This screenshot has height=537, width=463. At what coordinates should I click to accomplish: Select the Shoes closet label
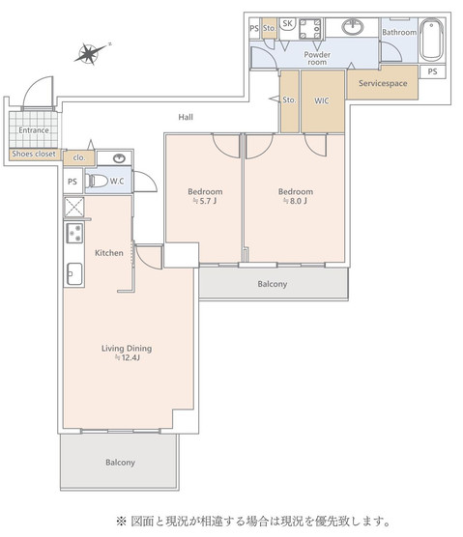click(x=32, y=154)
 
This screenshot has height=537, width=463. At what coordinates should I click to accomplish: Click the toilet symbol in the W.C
click(x=98, y=181)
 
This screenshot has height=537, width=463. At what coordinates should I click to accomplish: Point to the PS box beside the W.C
click(x=72, y=181)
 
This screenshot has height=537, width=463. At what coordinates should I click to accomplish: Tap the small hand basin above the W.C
click(x=117, y=158)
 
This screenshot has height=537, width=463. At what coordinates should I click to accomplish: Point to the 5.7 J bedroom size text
click(x=206, y=203)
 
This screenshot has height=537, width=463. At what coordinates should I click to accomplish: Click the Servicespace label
click(x=382, y=84)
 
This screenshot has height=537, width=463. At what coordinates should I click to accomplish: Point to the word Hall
click(x=186, y=117)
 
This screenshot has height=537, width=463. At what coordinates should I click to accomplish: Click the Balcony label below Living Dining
click(x=120, y=463)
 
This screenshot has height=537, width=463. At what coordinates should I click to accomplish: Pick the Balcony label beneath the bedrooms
click(x=272, y=284)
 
